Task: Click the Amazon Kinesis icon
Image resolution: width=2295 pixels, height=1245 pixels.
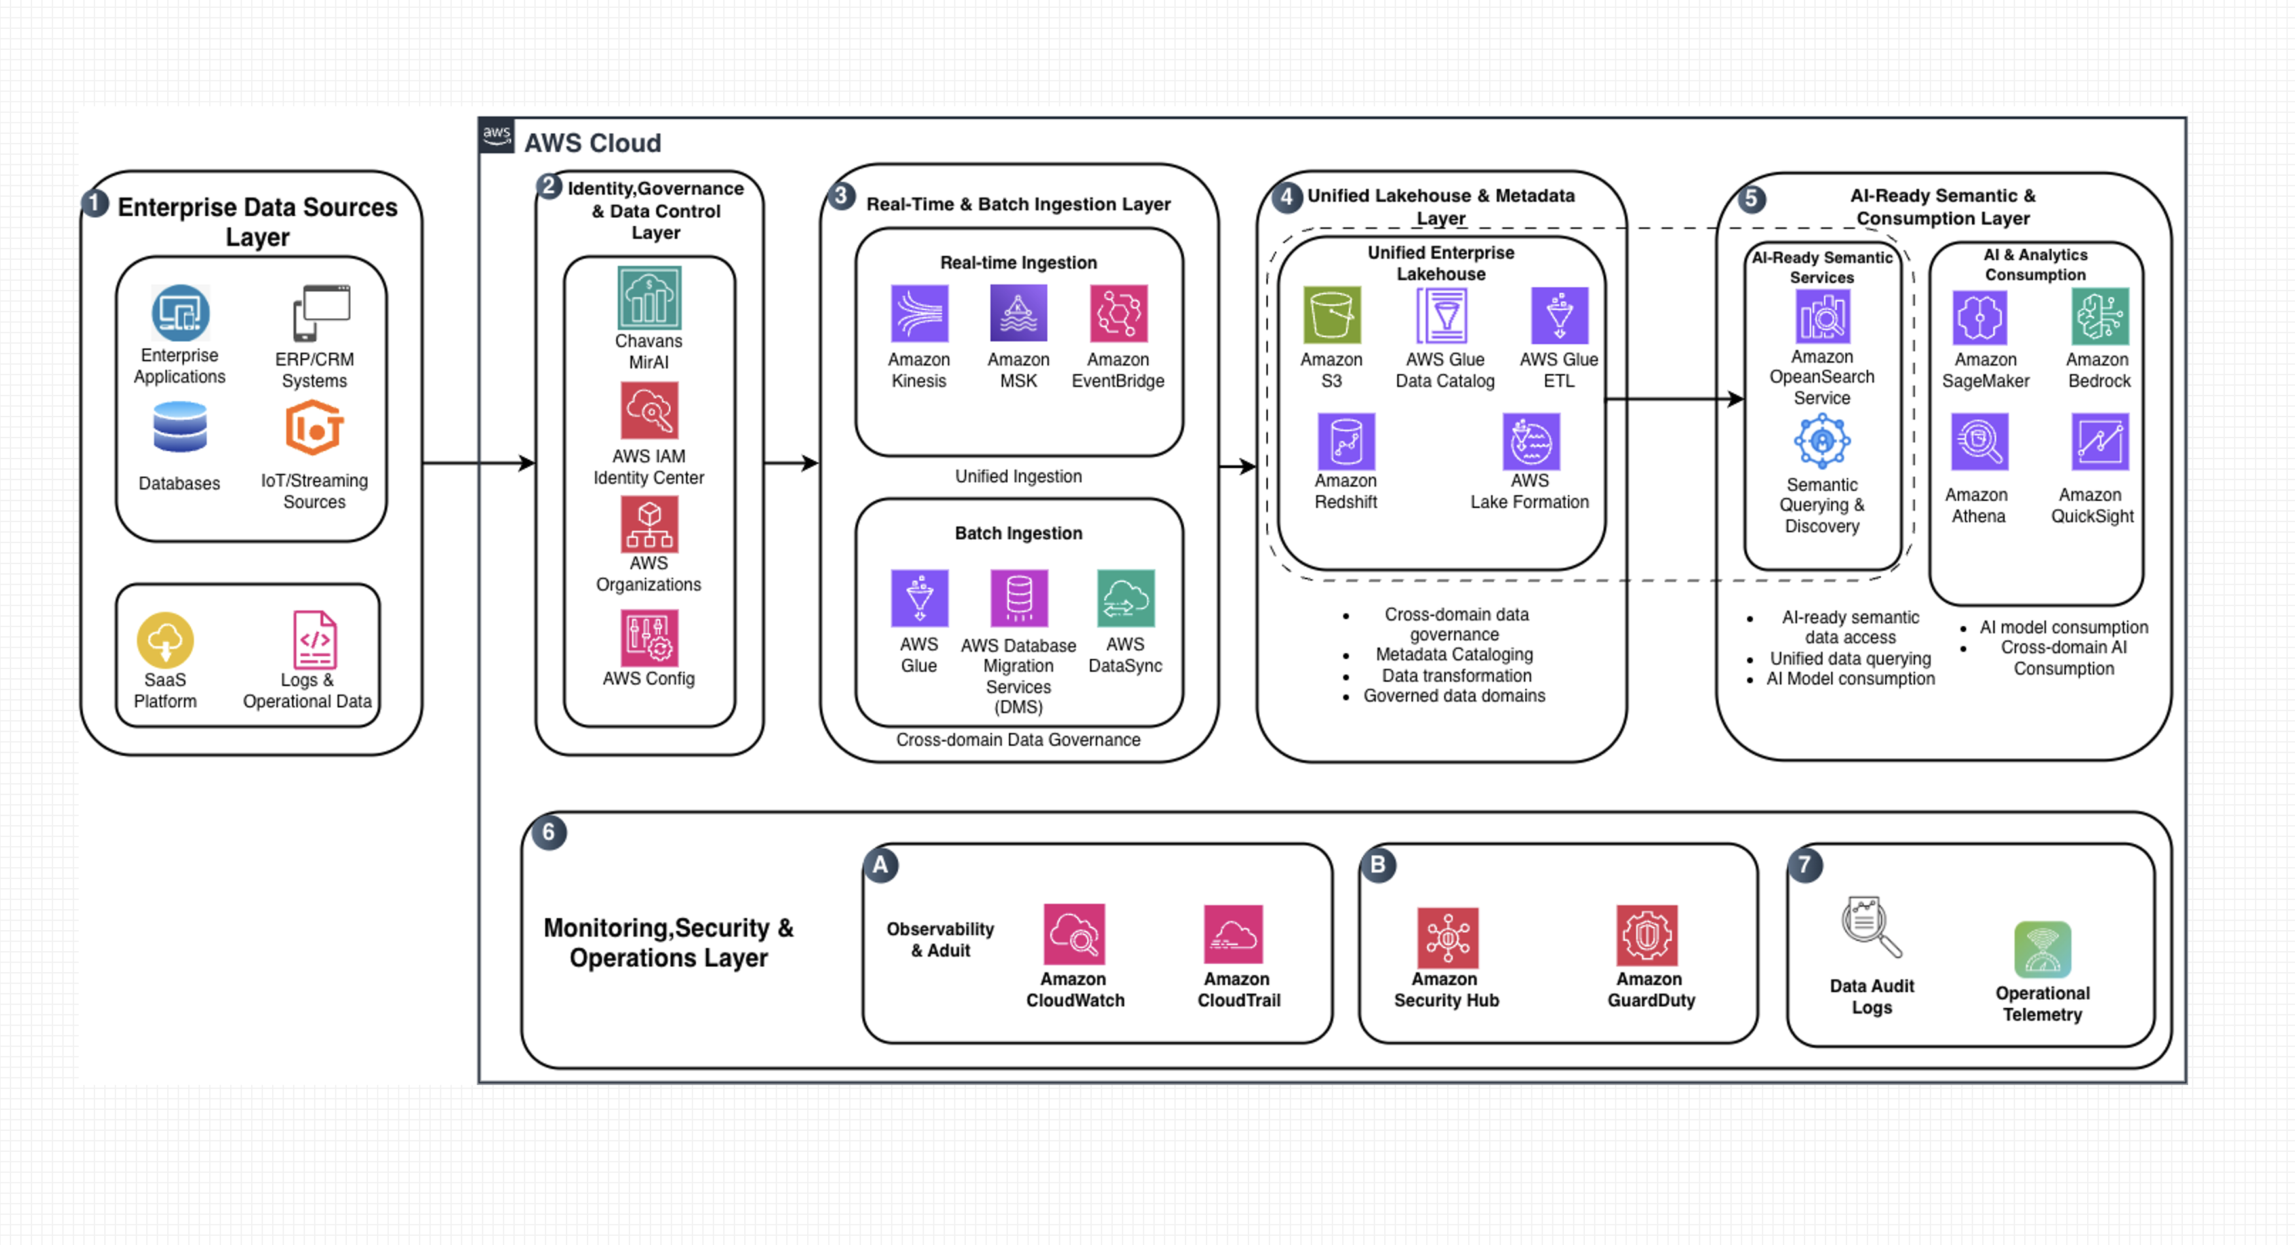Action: pyautogui.click(x=919, y=313)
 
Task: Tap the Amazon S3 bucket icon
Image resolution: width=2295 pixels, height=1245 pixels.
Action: pyautogui.click(x=1331, y=315)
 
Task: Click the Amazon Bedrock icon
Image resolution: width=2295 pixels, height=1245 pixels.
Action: pyautogui.click(x=2100, y=316)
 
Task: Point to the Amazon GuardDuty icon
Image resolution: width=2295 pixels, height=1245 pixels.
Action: pyautogui.click(x=1647, y=935)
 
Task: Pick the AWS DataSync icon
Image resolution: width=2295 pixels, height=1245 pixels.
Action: pyautogui.click(x=1125, y=598)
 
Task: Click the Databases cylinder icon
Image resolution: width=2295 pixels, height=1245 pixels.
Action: pyautogui.click(x=180, y=427)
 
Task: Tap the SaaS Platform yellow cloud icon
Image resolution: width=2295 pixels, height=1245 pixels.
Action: pyautogui.click(x=165, y=640)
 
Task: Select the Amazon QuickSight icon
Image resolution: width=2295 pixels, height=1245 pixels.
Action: pyautogui.click(x=2100, y=441)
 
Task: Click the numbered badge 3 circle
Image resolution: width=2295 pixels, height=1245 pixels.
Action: pyautogui.click(x=840, y=196)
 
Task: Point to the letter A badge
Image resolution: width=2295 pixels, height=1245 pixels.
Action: pyautogui.click(x=880, y=865)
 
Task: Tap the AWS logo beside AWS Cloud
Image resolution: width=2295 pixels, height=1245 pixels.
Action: pyautogui.click(x=496, y=136)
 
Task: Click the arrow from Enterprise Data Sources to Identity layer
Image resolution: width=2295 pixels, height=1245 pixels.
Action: pyautogui.click(x=479, y=462)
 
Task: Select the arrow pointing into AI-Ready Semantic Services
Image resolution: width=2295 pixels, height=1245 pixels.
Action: pyautogui.click(x=1674, y=398)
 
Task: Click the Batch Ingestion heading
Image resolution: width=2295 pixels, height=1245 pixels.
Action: pyautogui.click(x=1018, y=533)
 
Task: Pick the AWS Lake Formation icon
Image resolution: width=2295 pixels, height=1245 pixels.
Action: pyautogui.click(x=1530, y=441)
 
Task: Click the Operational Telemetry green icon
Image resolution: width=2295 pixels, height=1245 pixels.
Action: pyautogui.click(x=2042, y=949)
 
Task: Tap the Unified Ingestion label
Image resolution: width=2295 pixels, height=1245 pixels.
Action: pyautogui.click(x=1018, y=476)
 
